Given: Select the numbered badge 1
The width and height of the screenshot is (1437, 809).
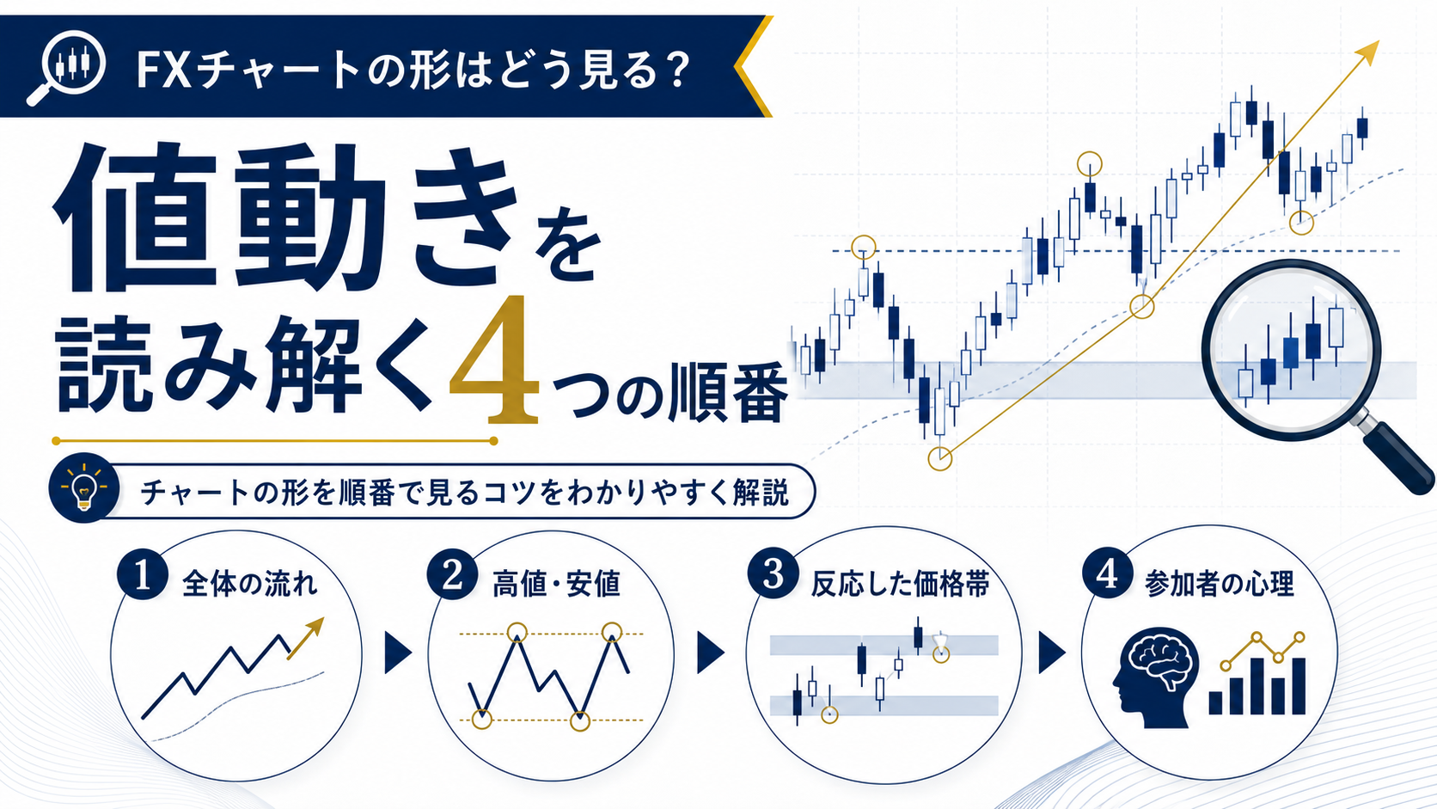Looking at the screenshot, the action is pyautogui.click(x=143, y=574).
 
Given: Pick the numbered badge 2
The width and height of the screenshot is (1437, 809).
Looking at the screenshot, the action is pyautogui.click(x=452, y=574).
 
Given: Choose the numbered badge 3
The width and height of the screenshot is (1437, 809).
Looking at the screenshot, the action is pyautogui.click(x=773, y=573).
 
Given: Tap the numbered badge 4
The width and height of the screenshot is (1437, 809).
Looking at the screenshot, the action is pyautogui.click(x=1107, y=573).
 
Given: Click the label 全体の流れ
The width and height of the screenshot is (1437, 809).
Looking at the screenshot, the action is pyautogui.click(x=249, y=585).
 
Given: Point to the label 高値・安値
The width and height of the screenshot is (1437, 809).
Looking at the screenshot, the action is pyautogui.click(x=557, y=585).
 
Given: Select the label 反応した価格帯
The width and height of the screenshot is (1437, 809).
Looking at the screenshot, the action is pyautogui.click(x=900, y=585).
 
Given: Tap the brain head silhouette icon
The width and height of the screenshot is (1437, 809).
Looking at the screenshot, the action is pyautogui.click(x=1156, y=677).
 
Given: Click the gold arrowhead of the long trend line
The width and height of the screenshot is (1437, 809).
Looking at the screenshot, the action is pyautogui.click(x=1368, y=52).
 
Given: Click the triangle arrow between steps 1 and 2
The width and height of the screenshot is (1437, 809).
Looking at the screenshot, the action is pyautogui.click(x=398, y=653).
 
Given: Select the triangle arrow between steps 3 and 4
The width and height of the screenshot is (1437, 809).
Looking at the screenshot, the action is pyautogui.click(x=1051, y=653).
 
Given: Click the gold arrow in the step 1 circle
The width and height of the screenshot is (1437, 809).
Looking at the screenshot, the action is pyautogui.click(x=305, y=639).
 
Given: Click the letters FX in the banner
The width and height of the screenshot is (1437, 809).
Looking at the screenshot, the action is pyautogui.click(x=163, y=70).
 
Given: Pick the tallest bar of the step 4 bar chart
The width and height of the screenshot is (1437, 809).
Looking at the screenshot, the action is pyautogui.click(x=1299, y=686).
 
